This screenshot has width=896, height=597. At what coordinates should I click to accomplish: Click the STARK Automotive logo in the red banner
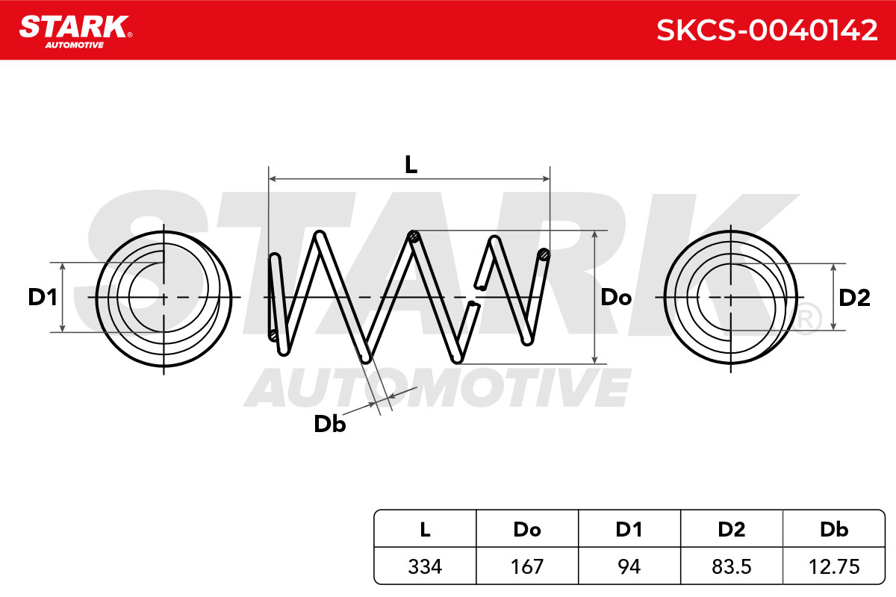tap(75, 32)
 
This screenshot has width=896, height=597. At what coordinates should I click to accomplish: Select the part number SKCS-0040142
tap(767, 31)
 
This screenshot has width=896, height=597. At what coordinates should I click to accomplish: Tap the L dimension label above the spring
tap(411, 165)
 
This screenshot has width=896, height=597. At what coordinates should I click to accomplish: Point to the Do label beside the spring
tap(616, 298)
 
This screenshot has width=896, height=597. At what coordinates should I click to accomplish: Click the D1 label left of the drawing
tap(43, 298)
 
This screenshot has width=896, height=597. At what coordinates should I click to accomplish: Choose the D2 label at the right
tap(854, 298)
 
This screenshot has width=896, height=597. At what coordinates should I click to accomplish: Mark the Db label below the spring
tap(329, 424)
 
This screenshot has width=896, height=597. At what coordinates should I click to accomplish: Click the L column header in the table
tap(425, 529)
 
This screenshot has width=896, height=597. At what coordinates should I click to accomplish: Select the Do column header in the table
tap(527, 529)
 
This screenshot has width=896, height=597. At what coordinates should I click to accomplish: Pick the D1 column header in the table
tap(629, 529)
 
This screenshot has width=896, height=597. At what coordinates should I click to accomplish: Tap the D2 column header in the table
tap(732, 529)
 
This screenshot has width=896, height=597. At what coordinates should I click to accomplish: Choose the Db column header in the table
tap(834, 529)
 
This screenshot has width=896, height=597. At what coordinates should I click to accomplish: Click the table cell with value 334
tap(425, 566)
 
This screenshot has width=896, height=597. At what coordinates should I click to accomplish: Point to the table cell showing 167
tap(527, 566)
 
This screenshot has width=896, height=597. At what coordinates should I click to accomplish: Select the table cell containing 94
tap(629, 566)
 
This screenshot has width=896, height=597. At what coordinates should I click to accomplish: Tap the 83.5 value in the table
tap(732, 566)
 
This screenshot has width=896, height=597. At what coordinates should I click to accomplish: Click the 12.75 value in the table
tap(834, 566)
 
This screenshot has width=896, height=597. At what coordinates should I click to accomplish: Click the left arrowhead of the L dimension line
tap(273, 179)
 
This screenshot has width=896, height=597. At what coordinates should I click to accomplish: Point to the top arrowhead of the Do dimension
tap(595, 235)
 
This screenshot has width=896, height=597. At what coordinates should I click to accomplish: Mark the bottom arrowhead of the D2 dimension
tap(833, 326)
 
